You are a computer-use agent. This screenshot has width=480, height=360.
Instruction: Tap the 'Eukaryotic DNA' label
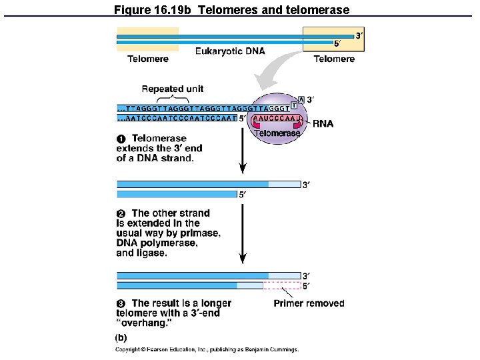(x=230, y=51)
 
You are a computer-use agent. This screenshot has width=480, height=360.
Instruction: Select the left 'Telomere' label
(x=148, y=59)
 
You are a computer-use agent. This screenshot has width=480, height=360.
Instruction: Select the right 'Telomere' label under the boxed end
(x=334, y=59)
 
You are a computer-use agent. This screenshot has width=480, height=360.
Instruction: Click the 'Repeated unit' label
(x=173, y=89)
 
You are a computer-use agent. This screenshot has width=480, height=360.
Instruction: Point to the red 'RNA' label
(x=323, y=123)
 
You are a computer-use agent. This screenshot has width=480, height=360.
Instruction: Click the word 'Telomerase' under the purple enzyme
(x=277, y=133)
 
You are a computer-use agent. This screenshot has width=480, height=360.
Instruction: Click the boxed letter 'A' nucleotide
(x=301, y=99)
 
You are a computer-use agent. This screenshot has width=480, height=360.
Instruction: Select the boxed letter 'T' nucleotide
(x=294, y=107)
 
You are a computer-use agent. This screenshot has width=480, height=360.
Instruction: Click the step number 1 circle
(x=121, y=139)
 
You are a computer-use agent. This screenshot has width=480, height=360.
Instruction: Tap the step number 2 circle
(x=121, y=214)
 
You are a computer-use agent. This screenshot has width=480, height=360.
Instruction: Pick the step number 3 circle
(x=121, y=303)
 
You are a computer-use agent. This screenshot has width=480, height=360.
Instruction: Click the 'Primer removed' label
(x=309, y=303)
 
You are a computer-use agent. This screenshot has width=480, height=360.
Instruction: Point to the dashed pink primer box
(x=282, y=285)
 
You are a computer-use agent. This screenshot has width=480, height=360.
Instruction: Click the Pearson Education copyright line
(x=207, y=349)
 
